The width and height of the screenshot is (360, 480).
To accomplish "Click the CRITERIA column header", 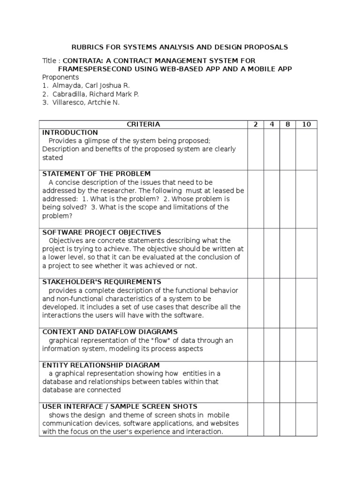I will [x=143, y=124].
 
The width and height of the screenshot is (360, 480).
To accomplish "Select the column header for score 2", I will [x=255, y=124].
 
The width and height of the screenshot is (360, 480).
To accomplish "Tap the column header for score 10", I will [x=307, y=124].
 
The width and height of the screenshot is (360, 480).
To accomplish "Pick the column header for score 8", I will [x=288, y=124].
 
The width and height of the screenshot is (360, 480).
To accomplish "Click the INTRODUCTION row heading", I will [x=70, y=133].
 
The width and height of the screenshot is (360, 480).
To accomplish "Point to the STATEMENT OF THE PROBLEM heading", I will [x=97, y=174].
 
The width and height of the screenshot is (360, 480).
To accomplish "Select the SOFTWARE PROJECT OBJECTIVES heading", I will [x=102, y=232].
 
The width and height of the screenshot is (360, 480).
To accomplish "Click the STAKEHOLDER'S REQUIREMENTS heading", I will [x=102, y=282].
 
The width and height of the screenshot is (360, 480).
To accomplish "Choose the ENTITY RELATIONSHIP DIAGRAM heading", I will [x=101, y=365].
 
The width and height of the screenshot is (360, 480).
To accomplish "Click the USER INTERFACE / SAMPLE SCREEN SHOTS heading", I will [x=120, y=406].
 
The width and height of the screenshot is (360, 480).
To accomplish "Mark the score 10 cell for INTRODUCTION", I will [x=307, y=149].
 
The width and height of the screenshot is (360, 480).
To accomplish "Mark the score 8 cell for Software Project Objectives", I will [x=288, y=253].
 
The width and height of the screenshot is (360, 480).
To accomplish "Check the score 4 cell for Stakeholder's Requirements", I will [x=272, y=302].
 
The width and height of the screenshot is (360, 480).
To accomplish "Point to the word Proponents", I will [x=60, y=77].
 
